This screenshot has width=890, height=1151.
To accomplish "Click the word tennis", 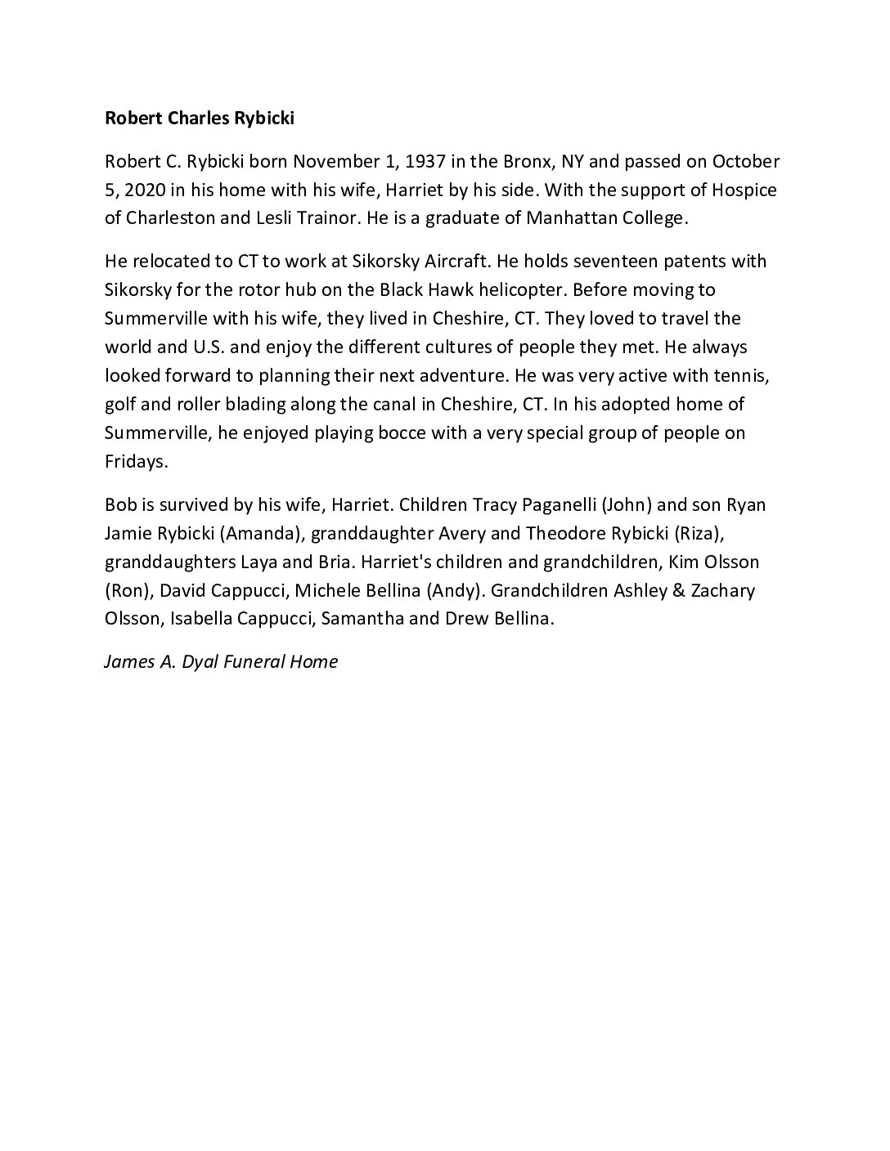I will [x=743, y=375].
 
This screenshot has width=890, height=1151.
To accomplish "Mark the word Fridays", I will [x=136, y=461].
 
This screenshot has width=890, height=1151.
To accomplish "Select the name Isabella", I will [x=201, y=619].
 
